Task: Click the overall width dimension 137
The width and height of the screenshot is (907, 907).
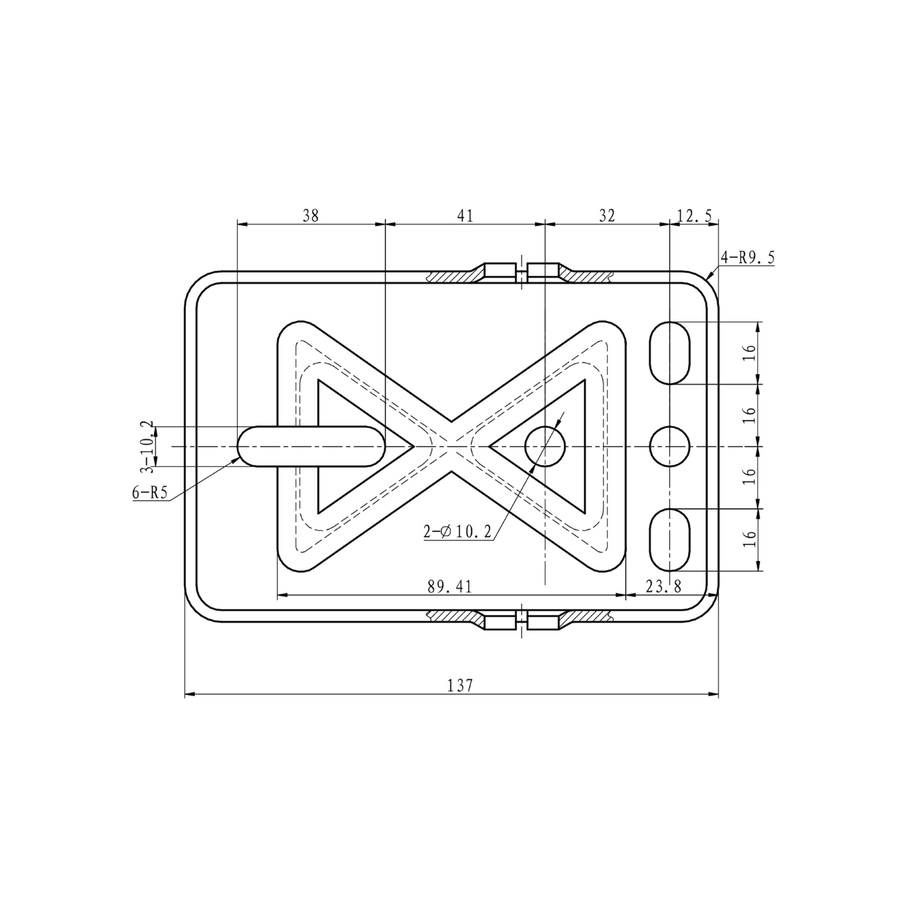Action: coord(460,685)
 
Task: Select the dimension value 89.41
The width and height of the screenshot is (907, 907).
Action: coord(450,587)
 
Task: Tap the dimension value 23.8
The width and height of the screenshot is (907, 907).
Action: coord(663,587)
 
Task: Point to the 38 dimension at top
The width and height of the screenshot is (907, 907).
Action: coord(311,215)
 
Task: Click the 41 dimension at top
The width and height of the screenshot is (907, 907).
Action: coord(465,215)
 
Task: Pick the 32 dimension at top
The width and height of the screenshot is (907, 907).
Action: coord(607,215)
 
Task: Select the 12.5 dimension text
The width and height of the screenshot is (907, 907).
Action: coord(694,215)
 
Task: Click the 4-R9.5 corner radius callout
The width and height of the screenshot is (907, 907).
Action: coord(748,258)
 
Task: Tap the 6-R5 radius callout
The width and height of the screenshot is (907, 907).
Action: coord(150,493)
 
